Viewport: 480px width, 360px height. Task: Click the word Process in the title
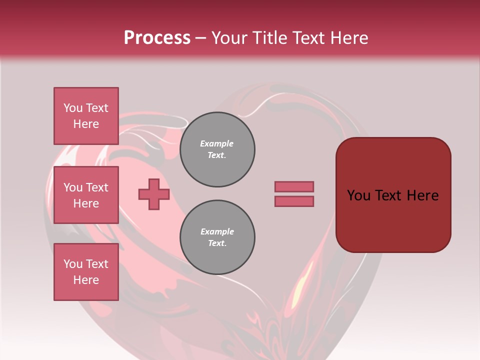tap(157, 38)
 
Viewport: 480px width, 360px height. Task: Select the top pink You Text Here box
tap(86, 115)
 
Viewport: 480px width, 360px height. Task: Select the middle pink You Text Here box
tap(86, 195)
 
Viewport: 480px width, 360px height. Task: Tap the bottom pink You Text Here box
tap(86, 271)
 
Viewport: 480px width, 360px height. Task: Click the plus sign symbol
tap(154, 194)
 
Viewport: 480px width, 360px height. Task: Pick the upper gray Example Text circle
tap(217, 149)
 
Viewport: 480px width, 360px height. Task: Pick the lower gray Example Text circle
tap(217, 237)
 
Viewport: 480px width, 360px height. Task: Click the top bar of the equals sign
tap(294, 186)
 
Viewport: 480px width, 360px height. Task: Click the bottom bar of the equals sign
tap(294, 201)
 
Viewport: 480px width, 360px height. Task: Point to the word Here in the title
tap(348, 38)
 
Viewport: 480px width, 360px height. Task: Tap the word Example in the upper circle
tap(217, 143)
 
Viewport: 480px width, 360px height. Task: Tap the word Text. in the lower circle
tap(217, 243)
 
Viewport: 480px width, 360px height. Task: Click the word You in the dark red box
tap(358, 195)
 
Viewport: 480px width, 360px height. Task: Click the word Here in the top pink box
tap(86, 124)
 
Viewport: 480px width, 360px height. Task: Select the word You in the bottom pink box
tap(73, 264)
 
